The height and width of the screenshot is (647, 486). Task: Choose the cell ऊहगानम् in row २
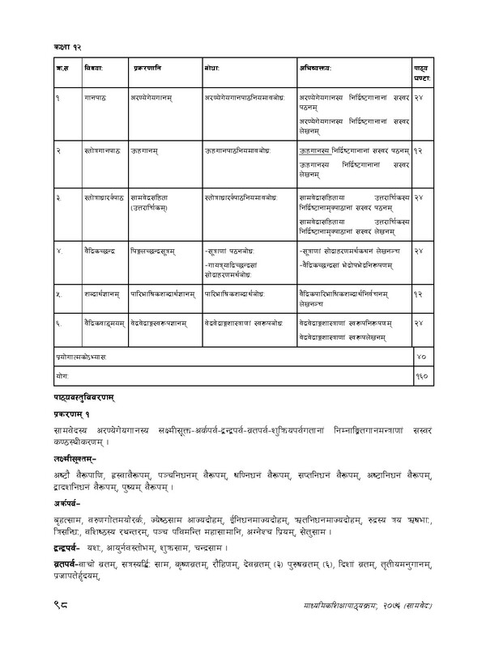click(x=146, y=150)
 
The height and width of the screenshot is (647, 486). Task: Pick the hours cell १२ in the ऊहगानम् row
click(x=418, y=150)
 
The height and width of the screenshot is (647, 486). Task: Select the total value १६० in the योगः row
click(x=420, y=377)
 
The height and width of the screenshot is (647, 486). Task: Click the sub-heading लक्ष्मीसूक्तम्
click(x=73, y=458)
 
